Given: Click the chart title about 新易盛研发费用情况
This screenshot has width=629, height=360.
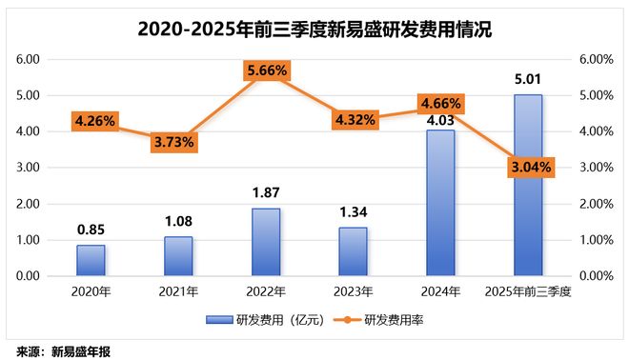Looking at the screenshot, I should click(x=314, y=29).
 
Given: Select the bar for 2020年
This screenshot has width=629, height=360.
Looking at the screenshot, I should click(x=91, y=260).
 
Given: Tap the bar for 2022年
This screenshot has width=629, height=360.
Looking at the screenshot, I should click(x=266, y=242).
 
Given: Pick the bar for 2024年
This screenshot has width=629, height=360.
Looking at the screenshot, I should click(x=440, y=203).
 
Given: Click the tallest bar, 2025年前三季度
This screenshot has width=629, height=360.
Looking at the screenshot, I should click(x=527, y=186).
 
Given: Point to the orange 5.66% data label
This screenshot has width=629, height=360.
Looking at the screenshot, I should click(x=266, y=70).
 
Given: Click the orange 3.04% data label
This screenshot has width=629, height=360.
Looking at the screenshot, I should click(x=527, y=167).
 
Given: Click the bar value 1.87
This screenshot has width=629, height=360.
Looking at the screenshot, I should click(x=266, y=193).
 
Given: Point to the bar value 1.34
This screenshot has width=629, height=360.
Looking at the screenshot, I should click(x=353, y=212).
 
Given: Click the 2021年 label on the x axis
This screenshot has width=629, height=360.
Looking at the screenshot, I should click(x=178, y=290).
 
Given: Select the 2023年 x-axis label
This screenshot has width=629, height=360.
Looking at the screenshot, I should click(x=353, y=290).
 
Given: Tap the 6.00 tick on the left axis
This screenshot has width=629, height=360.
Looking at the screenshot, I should click(x=27, y=59).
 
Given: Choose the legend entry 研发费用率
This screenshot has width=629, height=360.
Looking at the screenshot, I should click(x=393, y=321).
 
